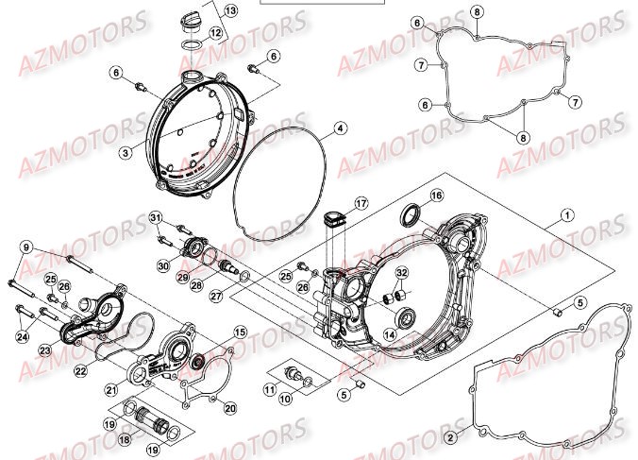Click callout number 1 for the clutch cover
pyautogui.click(x=566, y=214)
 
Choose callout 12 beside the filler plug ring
pyautogui.click(x=215, y=33)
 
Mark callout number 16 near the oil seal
pyautogui.click(x=436, y=196)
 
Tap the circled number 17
pyautogui.click(x=360, y=203)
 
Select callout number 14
pyautogui.click(x=390, y=333)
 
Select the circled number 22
pyautogui.click(x=81, y=371)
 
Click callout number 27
pyautogui.click(x=217, y=295)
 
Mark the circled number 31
pyautogui.click(x=155, y=219)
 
